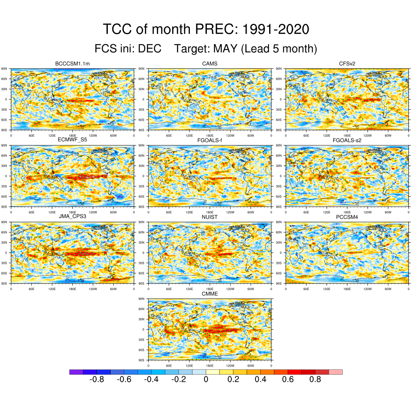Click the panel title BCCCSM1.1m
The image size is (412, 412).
pos(72,64)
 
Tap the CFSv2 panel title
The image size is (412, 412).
pos(347,64)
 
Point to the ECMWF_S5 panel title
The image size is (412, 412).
pos(72,140)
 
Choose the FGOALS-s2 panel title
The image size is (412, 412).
pos(347,140)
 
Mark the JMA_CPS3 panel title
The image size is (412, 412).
pos(72,216)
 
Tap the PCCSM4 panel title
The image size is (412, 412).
pos(347,216)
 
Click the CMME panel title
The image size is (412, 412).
pos(210,294)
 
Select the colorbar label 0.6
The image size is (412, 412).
pos(288,379)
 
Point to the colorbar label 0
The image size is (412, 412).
pos(206,379)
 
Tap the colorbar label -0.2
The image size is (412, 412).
pos(178,379)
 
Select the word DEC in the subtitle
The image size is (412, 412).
pos(150,49)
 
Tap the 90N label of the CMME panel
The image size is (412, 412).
pos(142,299)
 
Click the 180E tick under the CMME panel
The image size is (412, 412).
pos(210,365)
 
